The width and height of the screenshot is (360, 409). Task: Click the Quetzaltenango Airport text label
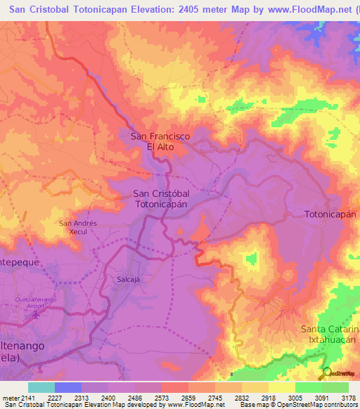[x=36, y=303]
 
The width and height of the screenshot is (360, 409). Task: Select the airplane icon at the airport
[x=36, y=313]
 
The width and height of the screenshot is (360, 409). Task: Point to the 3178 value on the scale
[x=348, y=397]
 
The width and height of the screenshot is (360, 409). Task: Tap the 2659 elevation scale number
[x=188, y=397]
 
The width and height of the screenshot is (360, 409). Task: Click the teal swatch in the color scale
[x=41, y=387]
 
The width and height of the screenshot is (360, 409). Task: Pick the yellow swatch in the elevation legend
[x=281, y=387]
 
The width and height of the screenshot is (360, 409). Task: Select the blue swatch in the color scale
[x=68, y=387]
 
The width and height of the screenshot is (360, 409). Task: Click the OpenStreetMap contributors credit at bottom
[x=324, y=404]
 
